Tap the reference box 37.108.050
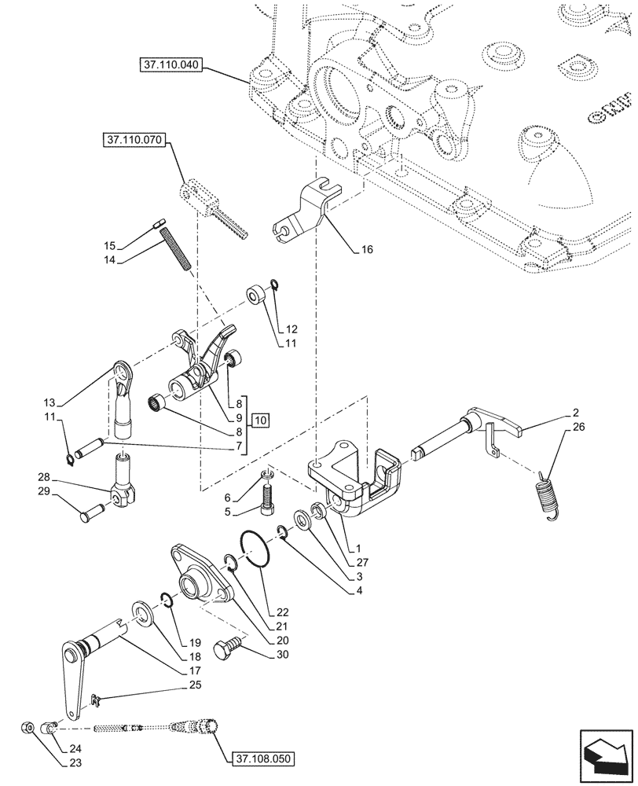coord(262,758)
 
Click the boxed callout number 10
coord(261,421)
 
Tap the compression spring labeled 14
coord(176,248)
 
